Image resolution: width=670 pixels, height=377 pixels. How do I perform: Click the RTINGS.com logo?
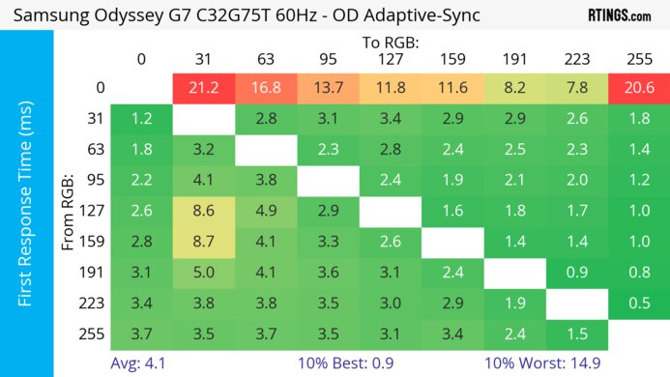click(x=619, y=15)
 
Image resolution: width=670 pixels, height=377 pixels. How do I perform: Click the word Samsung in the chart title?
click(x=51, y=16)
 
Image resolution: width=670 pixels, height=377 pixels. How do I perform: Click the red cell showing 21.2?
click(x=203, y=89)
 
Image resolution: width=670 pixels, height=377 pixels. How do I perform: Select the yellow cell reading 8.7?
click(x=203, y=241)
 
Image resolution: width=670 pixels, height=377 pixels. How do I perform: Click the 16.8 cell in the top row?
click(x=265, y=89)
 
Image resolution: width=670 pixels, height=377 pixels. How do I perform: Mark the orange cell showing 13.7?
click(x=327, y=89)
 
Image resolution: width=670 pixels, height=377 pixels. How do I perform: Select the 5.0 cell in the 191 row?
click(x=203, y=271)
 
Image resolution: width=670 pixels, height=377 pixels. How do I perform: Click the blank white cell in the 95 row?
click(x=327, y=180)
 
